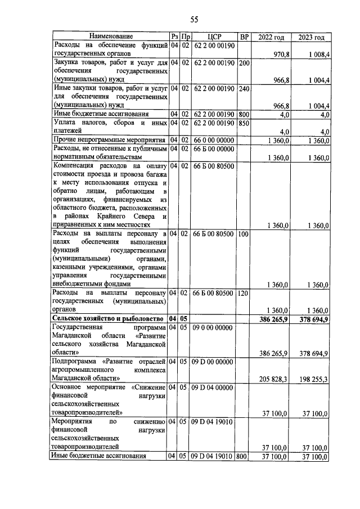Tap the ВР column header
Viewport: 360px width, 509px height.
[x=244, y=37]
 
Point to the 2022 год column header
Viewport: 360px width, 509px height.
[x=271, y=37]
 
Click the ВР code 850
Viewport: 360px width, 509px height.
[x=244, y=123]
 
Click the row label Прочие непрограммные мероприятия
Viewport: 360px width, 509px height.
[x=109, y=139]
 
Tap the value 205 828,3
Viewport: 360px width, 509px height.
[x=274, y=379]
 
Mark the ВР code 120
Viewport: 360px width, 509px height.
[x=244, y=293]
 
